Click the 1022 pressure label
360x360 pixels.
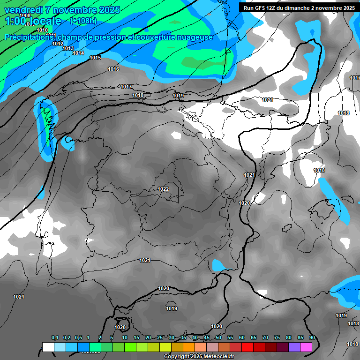163,189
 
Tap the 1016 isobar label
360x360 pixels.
113,69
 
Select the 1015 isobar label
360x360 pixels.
95,58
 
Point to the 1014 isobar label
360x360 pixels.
78,53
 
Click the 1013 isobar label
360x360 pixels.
68,48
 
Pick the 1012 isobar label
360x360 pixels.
58,44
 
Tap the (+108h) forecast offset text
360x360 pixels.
83,21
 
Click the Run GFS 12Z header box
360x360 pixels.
298,8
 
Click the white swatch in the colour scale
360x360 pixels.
48,347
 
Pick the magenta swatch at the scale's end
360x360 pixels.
306,347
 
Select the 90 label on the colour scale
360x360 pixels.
312,338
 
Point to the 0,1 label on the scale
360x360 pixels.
55,338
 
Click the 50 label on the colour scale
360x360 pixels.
218,338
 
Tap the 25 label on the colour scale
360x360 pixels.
160,338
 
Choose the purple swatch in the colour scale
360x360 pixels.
294,347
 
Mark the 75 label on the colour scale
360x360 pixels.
277,338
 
